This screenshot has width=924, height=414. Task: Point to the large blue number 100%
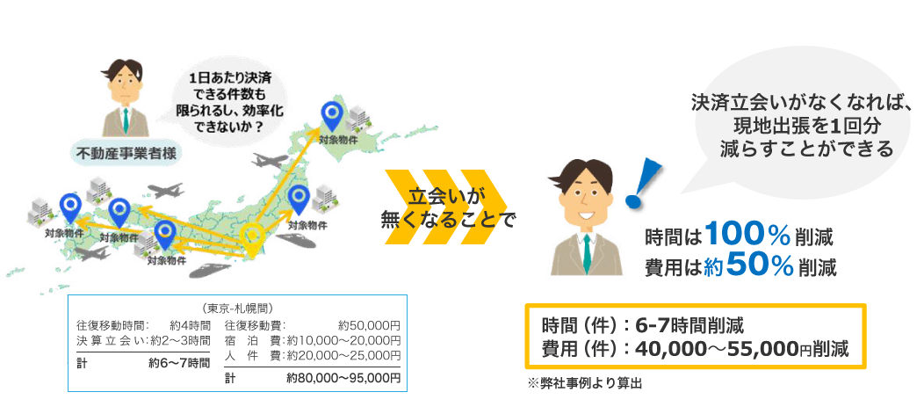tap(747, 235)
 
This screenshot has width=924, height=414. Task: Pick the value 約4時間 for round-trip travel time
tap(189, 325)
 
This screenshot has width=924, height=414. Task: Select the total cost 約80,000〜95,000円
tap(344, 378)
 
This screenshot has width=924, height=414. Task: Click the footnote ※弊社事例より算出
tap(584, 383)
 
